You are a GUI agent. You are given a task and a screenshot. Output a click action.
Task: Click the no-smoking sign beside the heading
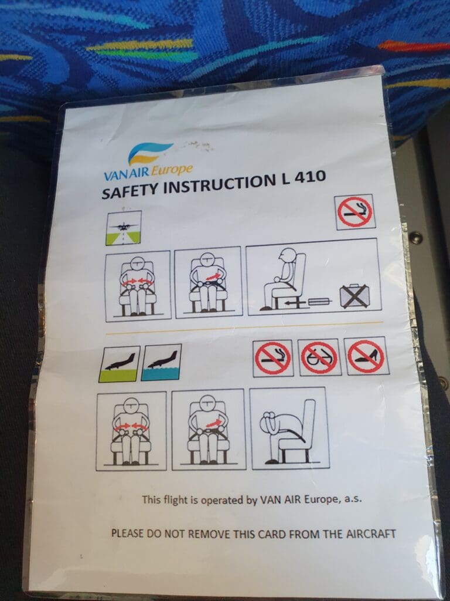tap(354, 212)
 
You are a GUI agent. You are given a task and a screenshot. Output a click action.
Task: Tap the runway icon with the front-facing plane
tap(124, 228)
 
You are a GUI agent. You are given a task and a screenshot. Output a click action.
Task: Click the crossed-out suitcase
tap(354, 296)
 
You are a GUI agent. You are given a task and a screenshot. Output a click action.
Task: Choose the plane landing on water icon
tap(161, 362)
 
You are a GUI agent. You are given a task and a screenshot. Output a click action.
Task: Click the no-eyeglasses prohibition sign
tap(319, 357)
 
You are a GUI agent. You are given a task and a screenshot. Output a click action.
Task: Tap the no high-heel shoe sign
tap(366, 356)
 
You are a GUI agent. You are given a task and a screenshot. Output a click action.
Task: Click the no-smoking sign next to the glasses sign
tap(273, 359)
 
